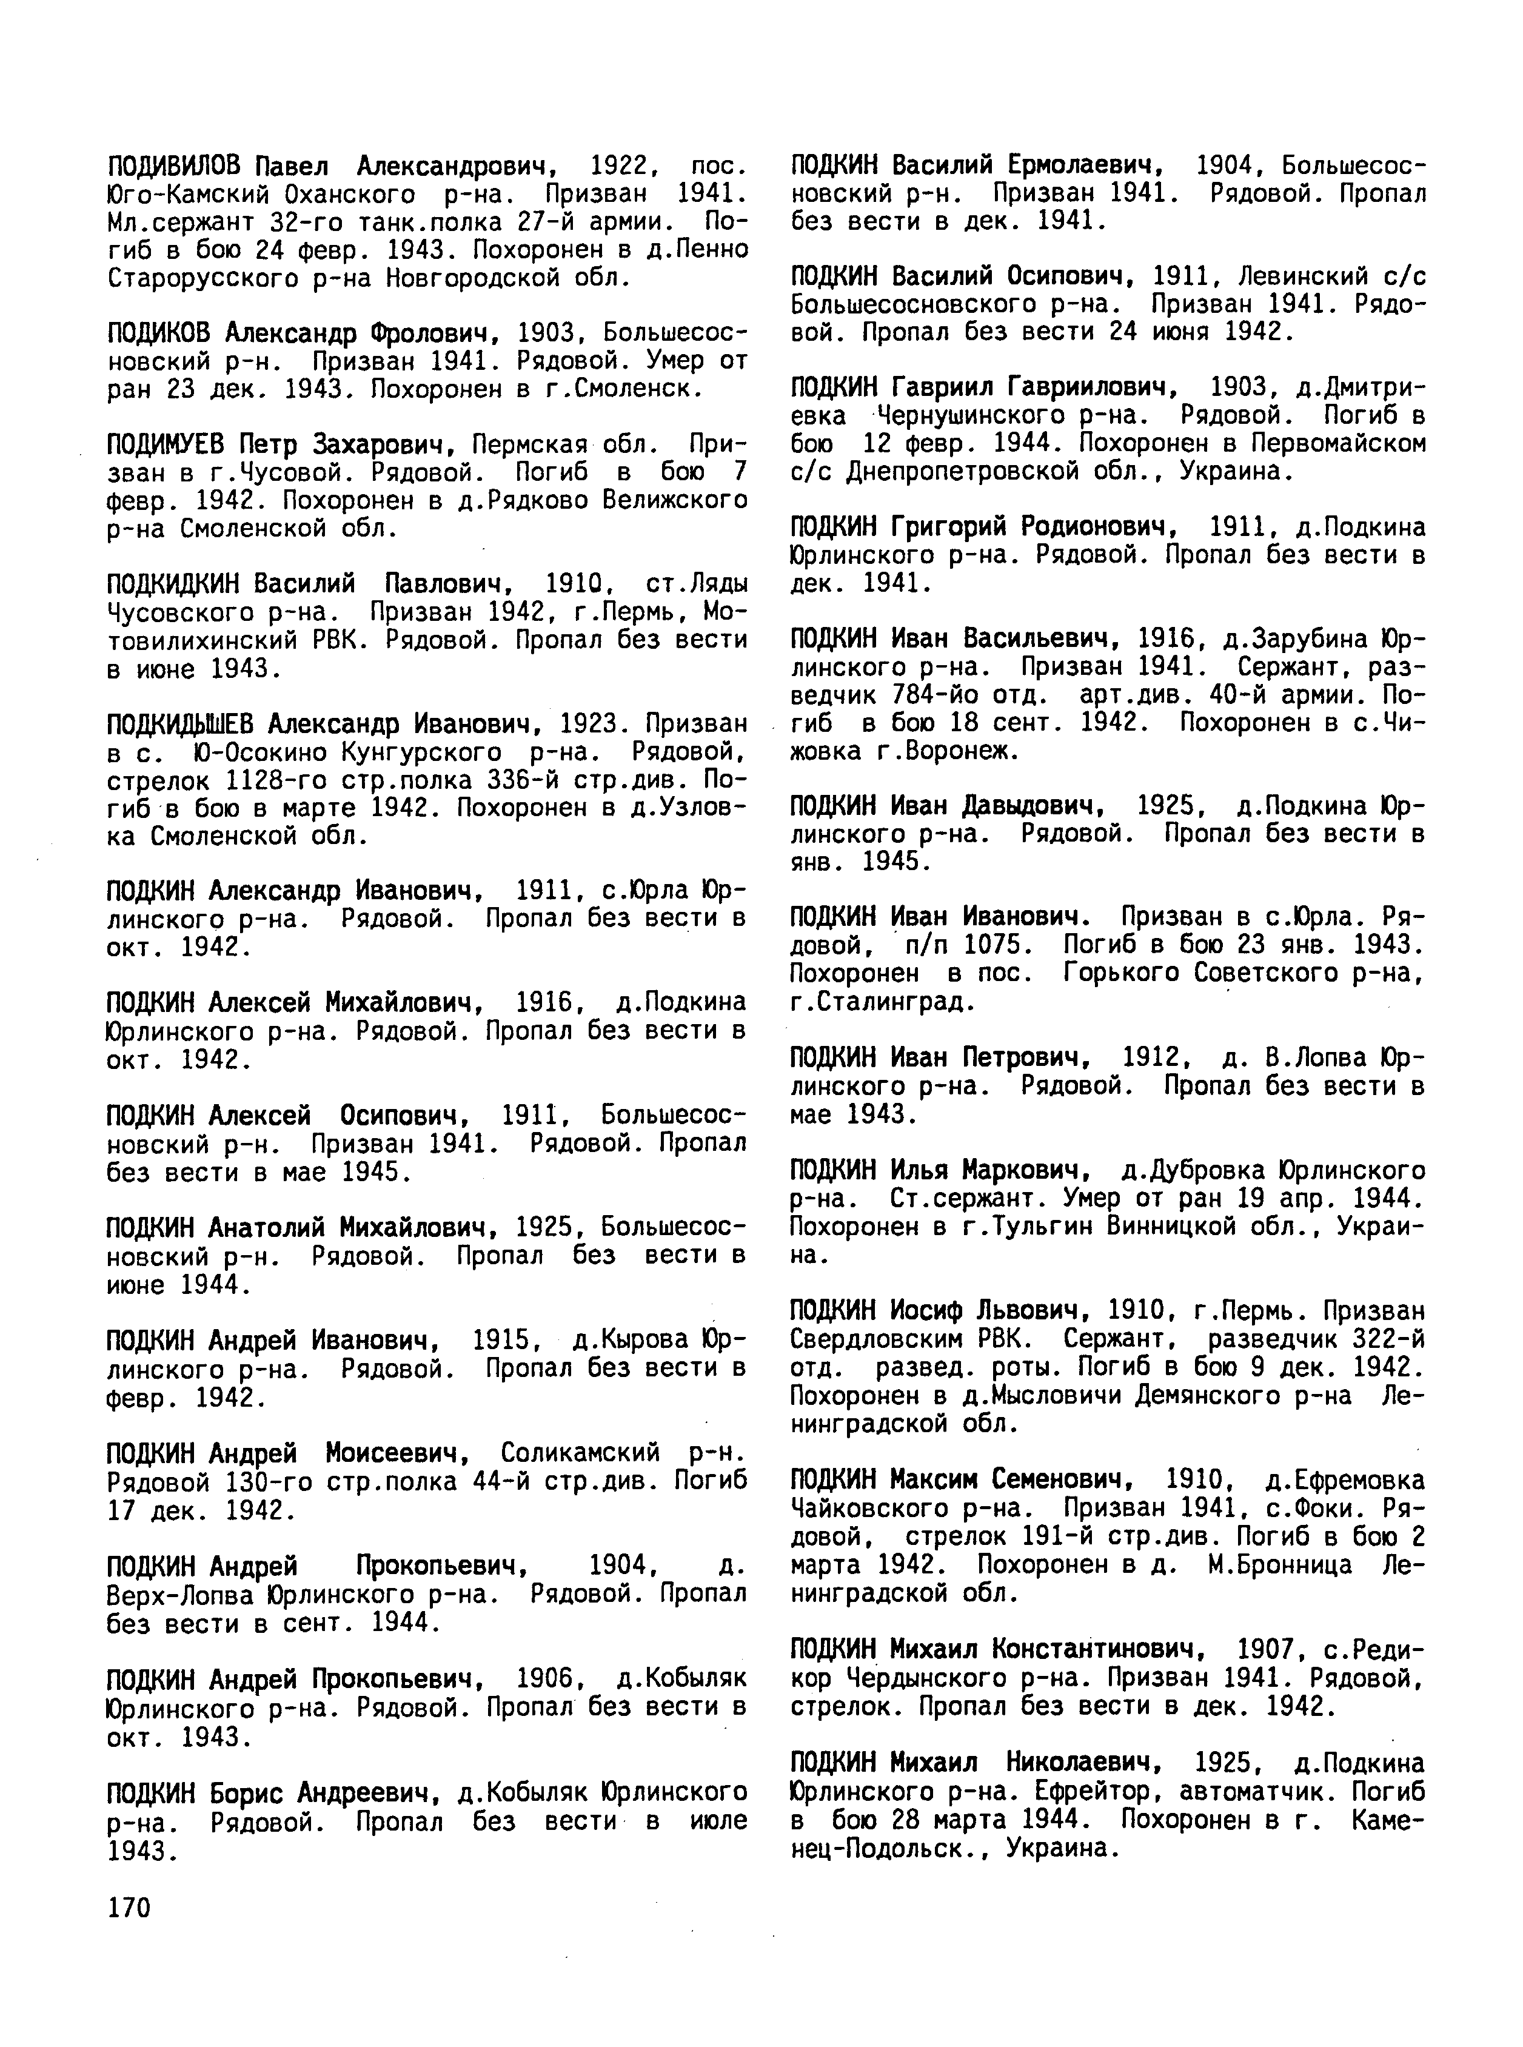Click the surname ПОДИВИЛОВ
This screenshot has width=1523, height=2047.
click(174, 166)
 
